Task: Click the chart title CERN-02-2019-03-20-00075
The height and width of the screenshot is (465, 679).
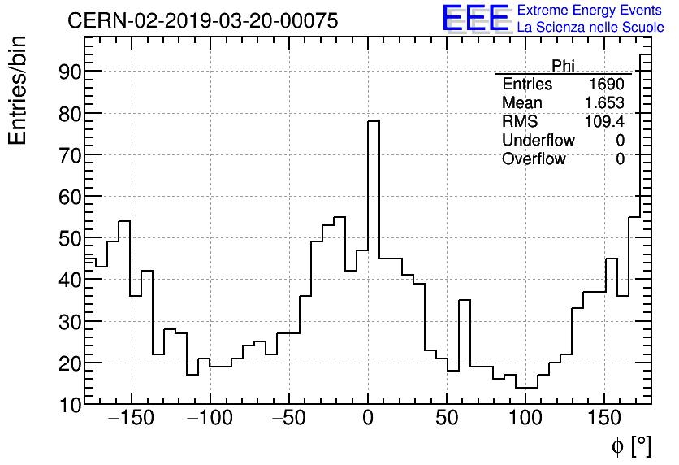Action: click(202, 20)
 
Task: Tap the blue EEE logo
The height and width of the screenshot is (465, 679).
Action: click(475, 18)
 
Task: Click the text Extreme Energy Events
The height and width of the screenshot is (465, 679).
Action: click(589, 11)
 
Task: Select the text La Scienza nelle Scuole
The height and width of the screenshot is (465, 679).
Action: click(590, 28)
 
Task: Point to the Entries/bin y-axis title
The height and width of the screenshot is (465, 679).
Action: click(18, 90)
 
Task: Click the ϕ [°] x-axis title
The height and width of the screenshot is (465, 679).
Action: click(630, 445)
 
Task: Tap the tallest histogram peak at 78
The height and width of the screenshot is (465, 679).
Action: click(374, 122)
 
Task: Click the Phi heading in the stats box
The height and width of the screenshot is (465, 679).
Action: click(563, 65)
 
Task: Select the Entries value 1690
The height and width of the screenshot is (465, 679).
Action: click(606, 85)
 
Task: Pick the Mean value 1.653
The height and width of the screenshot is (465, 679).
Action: click(604, 103)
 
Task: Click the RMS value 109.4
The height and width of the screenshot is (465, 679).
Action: click(604, 122)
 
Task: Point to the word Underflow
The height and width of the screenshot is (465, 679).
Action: click(538, 141)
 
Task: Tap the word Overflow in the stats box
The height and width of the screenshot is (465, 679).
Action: click(534, 159)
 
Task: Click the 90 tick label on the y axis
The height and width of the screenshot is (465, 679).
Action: click(70, 72)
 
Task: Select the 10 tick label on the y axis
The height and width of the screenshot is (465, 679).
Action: click(70, 404)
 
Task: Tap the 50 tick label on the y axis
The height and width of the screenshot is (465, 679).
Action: click(70, 238)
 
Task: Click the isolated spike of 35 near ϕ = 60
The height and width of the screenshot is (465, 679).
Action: click(465, 301)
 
